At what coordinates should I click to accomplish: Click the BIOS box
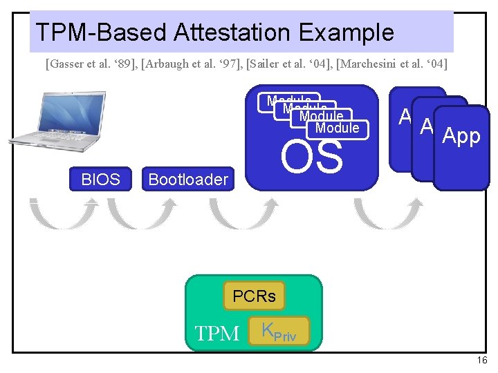100,180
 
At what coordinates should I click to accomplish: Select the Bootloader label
188,180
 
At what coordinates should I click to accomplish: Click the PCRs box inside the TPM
254,296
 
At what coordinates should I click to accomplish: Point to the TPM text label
217,334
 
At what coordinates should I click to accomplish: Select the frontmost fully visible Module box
337,128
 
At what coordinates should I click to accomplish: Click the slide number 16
482,361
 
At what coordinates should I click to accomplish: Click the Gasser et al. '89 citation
91,65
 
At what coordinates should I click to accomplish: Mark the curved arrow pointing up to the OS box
244,213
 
